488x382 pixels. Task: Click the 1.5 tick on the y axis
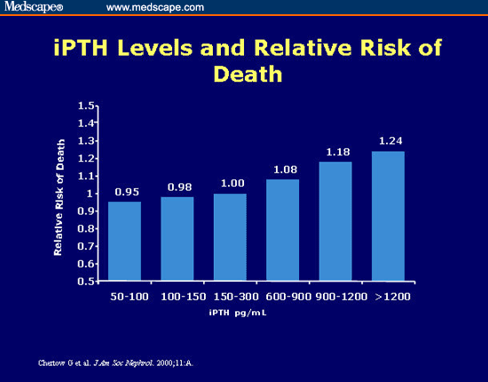click(x=86, y=106)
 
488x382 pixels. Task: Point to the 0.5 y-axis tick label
click(x=86, y=281)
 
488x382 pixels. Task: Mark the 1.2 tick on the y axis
click(x=86, y=158)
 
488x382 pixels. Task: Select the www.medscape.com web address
click(x=155, y=7)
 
